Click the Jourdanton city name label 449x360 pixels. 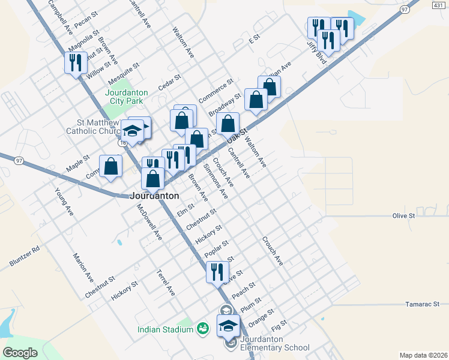tap(155, 196)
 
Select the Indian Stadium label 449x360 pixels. tap(165, 329)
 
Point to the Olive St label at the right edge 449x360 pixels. tap(403, 215)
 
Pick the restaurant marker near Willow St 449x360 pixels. tap(76, 63)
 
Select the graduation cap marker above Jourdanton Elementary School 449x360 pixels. tap(228, 326)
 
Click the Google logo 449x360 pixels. tap(20, 352)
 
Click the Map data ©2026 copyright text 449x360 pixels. tap(424, 355)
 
